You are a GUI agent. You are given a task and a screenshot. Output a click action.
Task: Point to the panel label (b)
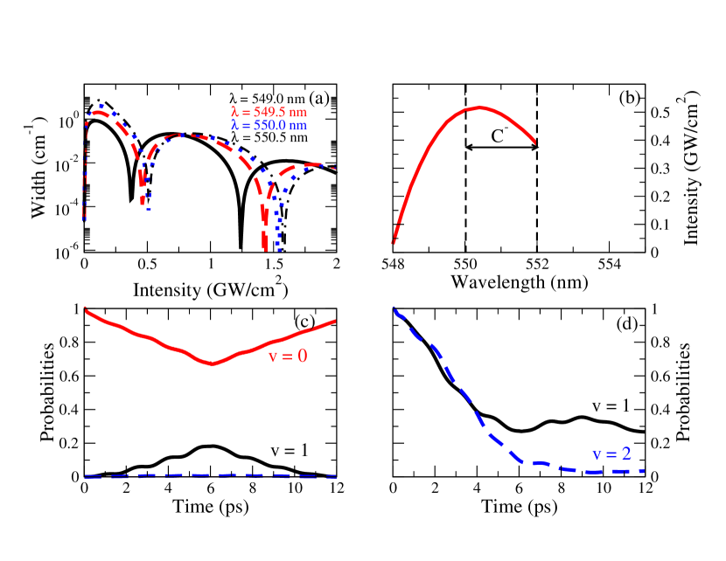tap(629, 99)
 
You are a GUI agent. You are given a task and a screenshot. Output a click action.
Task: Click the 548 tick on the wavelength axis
tap(394, 266)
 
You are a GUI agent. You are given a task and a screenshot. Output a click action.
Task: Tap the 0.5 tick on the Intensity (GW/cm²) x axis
tap(146, 266)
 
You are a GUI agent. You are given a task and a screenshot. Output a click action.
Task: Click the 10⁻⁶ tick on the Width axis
tap(64, 253)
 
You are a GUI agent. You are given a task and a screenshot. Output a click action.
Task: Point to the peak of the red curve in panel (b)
tap(480, 107)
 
